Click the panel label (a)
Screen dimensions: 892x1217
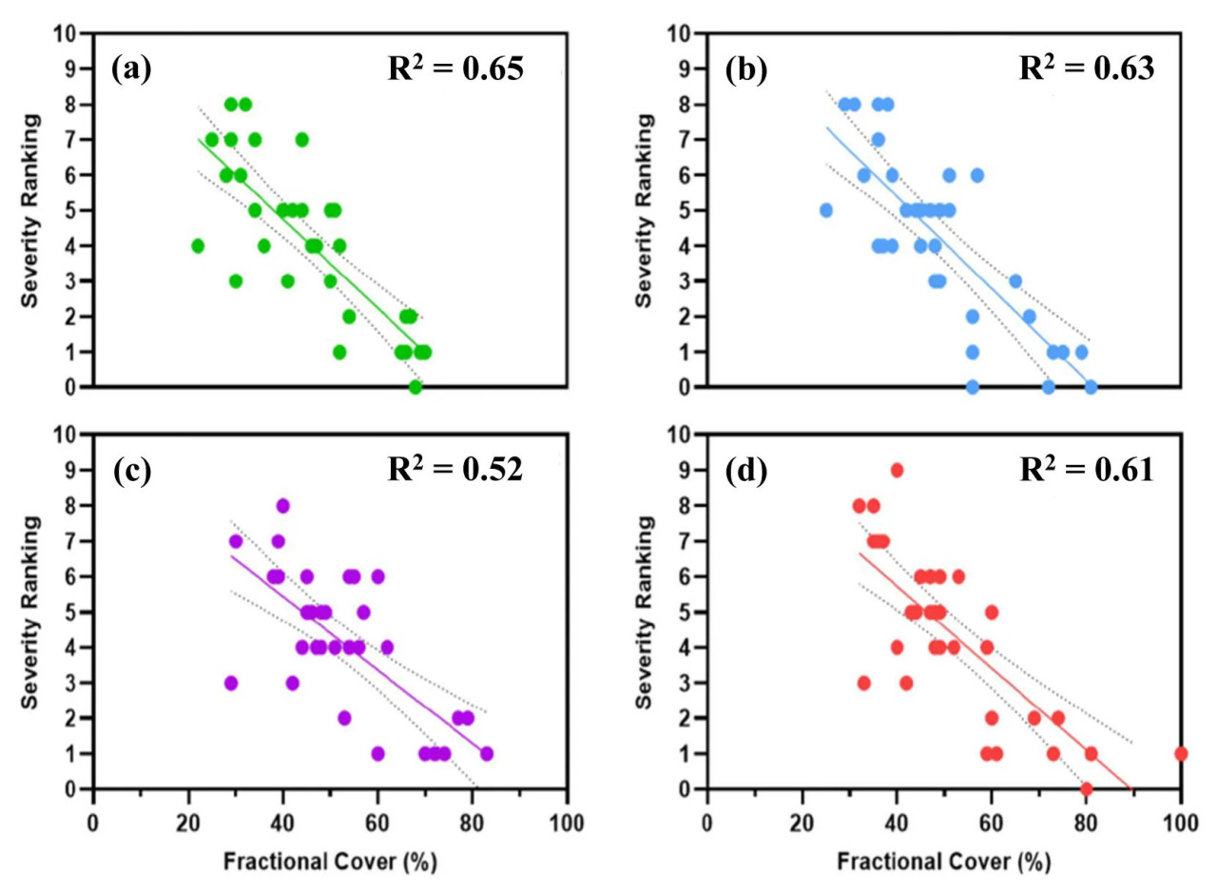[130, 69]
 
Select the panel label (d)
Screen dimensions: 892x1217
[744, 471]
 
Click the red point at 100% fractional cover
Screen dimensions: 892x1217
[1181, 753]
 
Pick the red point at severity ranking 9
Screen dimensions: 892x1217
[897, 470]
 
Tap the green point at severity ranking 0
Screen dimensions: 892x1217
[415, 387]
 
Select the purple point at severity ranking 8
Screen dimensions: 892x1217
[282, 506]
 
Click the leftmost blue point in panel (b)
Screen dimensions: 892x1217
[825, 210]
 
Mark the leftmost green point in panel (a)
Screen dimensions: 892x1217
[198, 245]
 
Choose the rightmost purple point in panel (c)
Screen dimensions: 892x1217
[487, 753]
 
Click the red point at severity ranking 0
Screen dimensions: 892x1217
[1086, 788]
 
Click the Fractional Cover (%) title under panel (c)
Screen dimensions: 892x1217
[330, 863]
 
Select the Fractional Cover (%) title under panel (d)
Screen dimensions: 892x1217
[944, 863]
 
